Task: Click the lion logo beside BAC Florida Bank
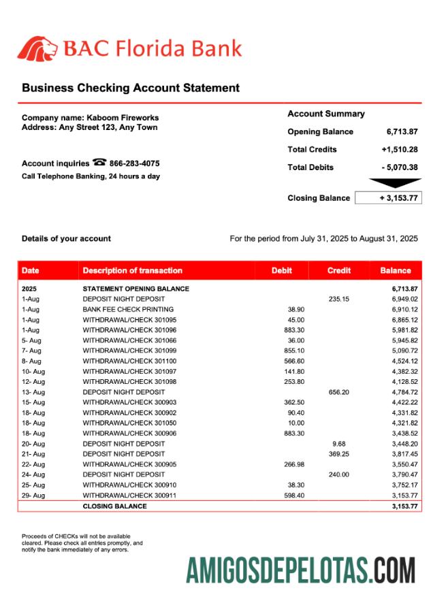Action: click(x=38, y=48)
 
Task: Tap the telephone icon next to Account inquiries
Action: click(x=99, y=163)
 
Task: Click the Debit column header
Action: click(x=281, y=270)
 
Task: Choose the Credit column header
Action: click(x=338, y=270)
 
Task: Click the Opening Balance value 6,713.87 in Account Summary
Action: click(x=402, y=132)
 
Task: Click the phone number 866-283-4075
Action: click(x=135, y=163)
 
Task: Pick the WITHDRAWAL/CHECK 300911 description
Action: click(x=129, y=496)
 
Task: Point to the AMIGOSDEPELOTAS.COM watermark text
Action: click(x=300, y=570)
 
